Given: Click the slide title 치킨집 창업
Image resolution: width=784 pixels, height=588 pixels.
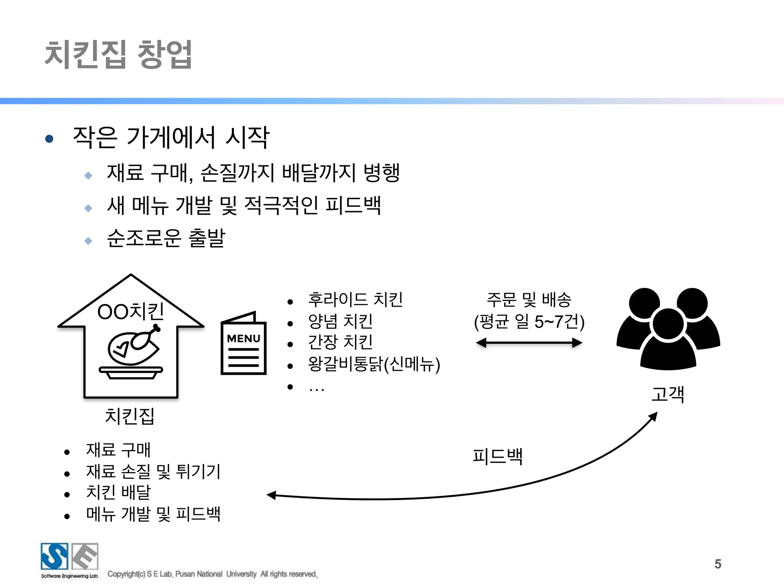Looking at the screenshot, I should click(x=118, y=54).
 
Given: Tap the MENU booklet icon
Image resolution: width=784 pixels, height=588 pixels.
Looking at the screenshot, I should click(x=243, y=344).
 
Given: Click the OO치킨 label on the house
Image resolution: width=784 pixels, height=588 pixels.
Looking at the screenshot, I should click(x=131, y=311).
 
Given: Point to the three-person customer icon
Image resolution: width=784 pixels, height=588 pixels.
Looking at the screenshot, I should click(x=668, y=328).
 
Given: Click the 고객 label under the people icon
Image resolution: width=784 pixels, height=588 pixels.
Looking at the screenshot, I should click(x=668, y=394).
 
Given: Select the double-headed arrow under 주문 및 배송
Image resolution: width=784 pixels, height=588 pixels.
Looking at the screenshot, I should click(x=529, y=343).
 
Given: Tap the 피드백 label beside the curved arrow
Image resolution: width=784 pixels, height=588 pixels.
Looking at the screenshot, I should click(x=497, y=456).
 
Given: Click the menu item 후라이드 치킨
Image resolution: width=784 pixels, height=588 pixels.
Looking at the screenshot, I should click(x=355, y=300).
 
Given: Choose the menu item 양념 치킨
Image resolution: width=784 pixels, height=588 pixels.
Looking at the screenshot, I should click(x=340, y=321).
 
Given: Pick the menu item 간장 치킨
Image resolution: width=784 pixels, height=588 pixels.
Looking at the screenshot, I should click(x=340, y=342).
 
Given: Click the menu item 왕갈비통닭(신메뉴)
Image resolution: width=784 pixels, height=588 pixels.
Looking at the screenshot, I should click(x=374, y=364).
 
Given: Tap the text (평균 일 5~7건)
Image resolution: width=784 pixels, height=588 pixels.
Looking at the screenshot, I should click(x=529, y=322).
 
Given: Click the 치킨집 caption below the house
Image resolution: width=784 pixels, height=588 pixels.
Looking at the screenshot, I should click(x=129, y=416).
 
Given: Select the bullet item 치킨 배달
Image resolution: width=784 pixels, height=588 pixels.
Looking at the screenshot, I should click(x=119, y=492).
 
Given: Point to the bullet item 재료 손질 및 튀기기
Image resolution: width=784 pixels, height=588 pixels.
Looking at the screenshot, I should click(x=153, y=471).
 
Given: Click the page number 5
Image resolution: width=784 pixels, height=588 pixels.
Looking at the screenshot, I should click(x=718, y=564).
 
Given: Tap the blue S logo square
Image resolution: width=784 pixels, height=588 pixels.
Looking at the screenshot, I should click(x=54, y=556).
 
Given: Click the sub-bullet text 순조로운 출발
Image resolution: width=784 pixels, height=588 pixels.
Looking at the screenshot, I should click(x=166, y=238).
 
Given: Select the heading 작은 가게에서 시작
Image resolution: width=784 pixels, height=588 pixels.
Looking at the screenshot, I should click(x=171, y=137).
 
